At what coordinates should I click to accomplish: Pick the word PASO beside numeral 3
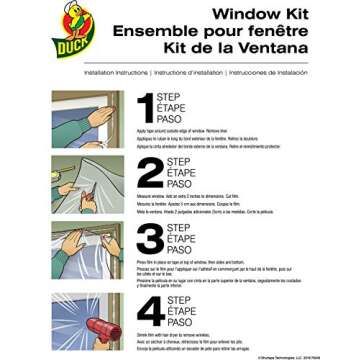pyautogui.click(x=180, y=252)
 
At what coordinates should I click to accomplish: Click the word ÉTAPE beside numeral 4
pyautogui.click(x=182, y=313)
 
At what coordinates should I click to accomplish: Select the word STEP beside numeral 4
pyautogui.click(x=177, y=301)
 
